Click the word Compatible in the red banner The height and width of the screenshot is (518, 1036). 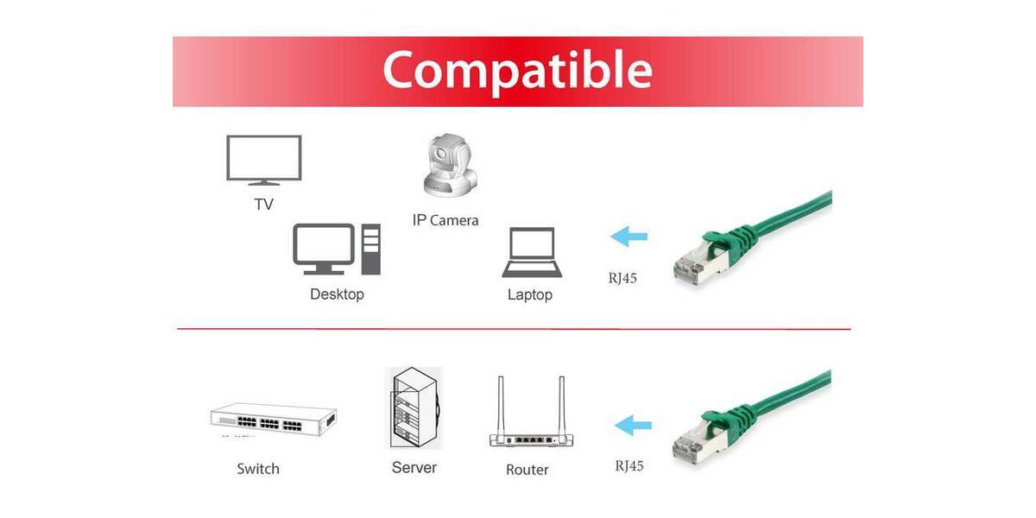coord(517,70)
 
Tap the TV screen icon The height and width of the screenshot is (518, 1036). coord(263,158)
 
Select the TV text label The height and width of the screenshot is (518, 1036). coord(263,205)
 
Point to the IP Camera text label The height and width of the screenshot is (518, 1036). coord(445,220)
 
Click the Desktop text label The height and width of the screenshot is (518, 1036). coord(337,294)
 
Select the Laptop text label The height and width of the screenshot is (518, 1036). coord(530,295)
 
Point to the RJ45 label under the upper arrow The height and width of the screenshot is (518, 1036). coord(622,278)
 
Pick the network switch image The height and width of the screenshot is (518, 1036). coord(273,420)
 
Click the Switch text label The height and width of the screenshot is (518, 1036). coord(258,469)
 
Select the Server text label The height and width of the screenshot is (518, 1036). coord(414,468)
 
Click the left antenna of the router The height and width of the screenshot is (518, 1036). coord(500,402)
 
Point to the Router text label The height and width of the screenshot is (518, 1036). coord(527,470)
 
